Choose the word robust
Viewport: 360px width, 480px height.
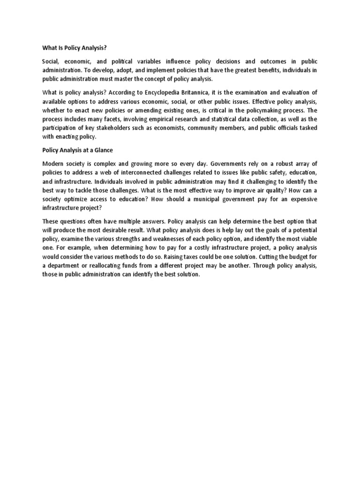click(x=275, y=164)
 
